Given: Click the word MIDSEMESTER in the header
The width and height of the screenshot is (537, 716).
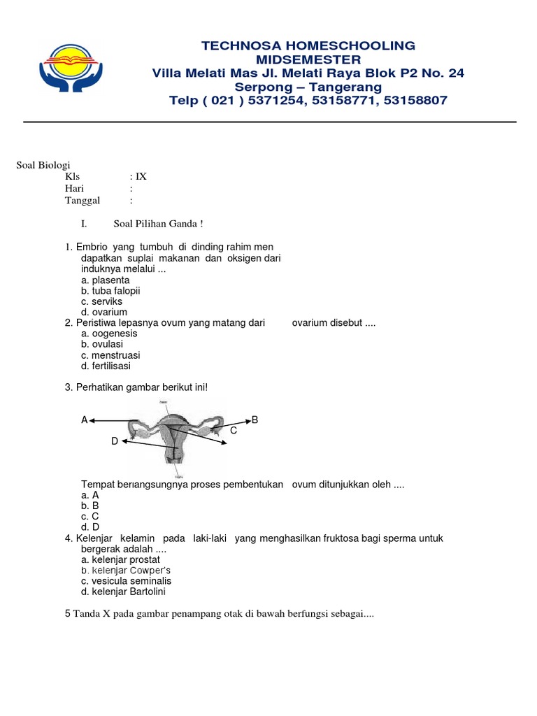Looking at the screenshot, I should tap(308, 59).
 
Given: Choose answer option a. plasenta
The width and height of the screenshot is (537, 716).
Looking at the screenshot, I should tap(106, 280).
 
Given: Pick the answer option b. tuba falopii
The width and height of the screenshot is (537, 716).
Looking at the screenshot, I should tap(110, 291).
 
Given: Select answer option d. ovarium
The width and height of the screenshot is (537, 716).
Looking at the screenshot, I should tap(104, 312).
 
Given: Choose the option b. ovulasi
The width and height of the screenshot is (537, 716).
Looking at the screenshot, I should tap(102, 344).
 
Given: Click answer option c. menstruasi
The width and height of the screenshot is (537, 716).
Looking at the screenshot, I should tap(110, 355).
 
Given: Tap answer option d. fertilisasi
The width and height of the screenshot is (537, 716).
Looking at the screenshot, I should tap(106, 366).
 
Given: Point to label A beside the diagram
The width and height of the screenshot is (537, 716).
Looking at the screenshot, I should tap(85, 420).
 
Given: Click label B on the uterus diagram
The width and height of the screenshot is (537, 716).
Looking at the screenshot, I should tap(255, 420).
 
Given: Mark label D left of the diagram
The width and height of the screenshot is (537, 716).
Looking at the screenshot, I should tap(115, 441).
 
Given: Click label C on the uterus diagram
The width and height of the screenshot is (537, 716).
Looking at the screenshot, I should tap(234, 431).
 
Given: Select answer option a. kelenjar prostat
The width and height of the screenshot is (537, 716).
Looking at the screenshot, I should tap(120, 559).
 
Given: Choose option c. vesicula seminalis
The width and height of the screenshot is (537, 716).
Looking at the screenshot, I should tap(126, 581).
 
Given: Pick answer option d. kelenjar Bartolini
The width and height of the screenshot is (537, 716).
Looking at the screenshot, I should tap(124, 592).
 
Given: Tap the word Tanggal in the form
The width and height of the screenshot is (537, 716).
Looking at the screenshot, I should tap(83, 201).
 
